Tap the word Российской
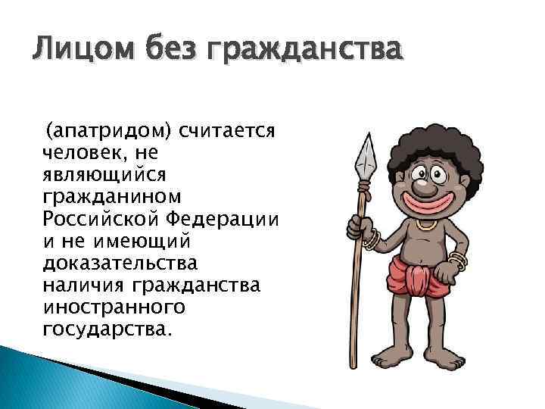pos(101,220)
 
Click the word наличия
pos(84,286)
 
